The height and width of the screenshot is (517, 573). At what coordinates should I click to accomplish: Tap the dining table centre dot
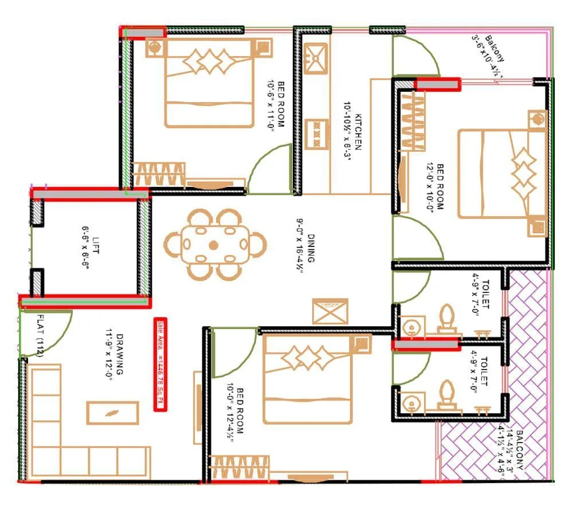point(214,245)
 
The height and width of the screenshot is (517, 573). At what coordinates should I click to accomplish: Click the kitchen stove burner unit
point(316,134)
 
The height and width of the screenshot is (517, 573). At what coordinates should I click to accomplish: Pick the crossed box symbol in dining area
point(330,311)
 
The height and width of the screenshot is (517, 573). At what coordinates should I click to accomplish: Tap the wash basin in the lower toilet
point(411,402)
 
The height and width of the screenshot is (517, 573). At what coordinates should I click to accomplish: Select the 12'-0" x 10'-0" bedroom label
point(437,187)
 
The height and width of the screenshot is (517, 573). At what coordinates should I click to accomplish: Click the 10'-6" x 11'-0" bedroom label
point(277,107)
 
